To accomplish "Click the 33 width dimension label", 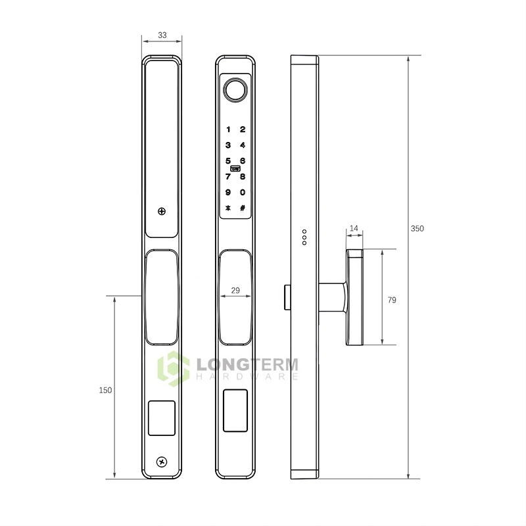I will click(x=162, y=35).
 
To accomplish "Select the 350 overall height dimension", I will click(x=418, y=229).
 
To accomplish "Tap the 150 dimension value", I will click(x=105, y=390).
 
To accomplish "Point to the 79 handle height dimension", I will click(x=392, y=300).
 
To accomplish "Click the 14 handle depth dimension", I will click(x=354, y=229).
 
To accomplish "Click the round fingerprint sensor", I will click(x=235, y=90).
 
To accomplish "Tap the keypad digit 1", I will click(x=228, y=130).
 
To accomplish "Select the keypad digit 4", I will click(x=243, y=145).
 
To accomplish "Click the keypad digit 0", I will click(x=243, y=193).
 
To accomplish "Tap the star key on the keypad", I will click(x=228, y=208).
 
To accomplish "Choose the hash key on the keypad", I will click(x=243, y=208).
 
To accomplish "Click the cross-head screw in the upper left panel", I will click(x=162, y=212).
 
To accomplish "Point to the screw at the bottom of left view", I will click(x=162, y=462).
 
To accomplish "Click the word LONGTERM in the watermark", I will click(x=247, y=364).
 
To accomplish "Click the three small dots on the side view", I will click(x=304, y=237).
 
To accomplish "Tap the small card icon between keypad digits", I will click(x=235, y=168).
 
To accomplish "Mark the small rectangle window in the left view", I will click(x=162, y=418).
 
